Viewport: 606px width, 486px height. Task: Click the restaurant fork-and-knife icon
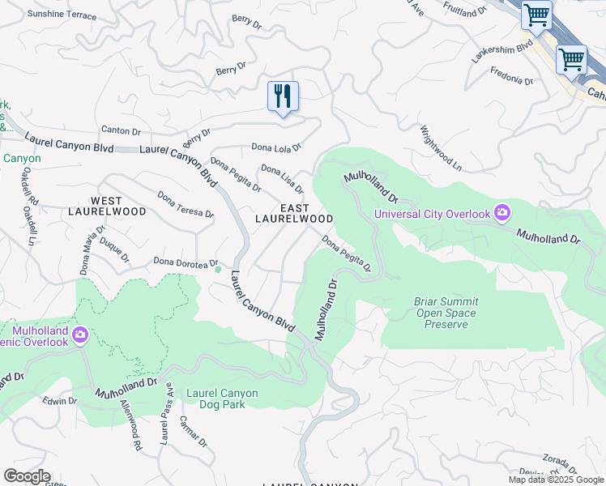283,96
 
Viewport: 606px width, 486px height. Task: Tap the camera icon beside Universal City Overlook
502,213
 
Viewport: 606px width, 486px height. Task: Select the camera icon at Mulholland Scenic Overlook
80,335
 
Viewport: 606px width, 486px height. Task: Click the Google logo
27,476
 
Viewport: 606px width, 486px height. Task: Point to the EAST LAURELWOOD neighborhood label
294,214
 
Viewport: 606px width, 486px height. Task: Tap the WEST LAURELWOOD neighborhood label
118,206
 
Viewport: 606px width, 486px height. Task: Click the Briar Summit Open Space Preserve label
446,313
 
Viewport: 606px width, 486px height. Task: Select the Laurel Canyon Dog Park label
222,399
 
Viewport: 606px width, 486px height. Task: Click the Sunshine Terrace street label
62,15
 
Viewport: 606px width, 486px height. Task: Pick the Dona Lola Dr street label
276,147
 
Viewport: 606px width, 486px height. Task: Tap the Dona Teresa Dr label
186,205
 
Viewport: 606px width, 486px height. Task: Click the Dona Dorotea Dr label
186,262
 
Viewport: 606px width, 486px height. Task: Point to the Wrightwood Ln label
441,147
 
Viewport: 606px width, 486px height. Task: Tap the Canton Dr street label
121,130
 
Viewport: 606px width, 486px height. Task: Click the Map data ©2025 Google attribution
556,480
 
